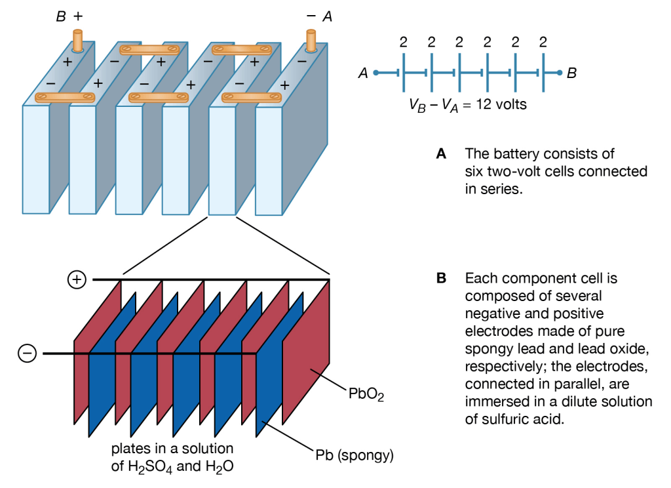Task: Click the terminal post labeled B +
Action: [78, 41]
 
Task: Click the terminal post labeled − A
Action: [311, 41]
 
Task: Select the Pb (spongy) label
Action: [354, 455]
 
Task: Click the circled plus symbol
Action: [77, 280]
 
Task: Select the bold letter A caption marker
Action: [442, 154]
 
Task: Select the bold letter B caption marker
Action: [442, 278]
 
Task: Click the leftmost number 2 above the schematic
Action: [403, 43]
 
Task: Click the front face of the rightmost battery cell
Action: [269, 160]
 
